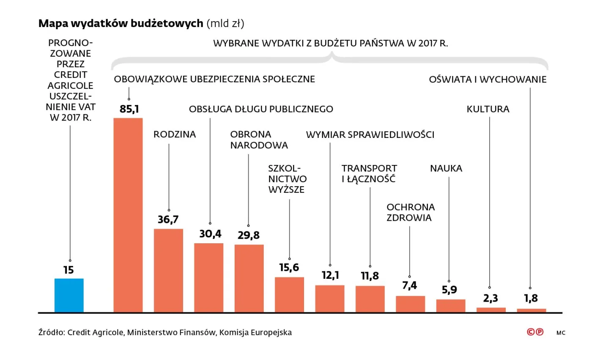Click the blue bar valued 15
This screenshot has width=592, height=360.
point(69,295)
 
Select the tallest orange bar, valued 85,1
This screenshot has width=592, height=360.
point(128,215)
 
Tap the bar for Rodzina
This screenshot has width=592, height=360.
point(168,270)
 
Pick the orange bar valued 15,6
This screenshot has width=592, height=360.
point(289,294)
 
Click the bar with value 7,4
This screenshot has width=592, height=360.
point(410,304)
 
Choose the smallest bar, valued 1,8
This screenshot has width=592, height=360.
point(531,310)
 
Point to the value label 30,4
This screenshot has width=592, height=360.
point(210,234)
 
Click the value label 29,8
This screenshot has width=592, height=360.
point(249,236)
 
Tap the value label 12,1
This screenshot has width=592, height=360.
point(330,275)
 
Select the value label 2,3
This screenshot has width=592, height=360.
point(491,298)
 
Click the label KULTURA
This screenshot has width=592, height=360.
point(488,109)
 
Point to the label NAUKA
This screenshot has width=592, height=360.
point(446,168)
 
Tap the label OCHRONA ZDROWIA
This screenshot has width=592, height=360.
point(410,212)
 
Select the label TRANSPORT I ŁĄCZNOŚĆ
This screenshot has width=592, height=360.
point(369,173)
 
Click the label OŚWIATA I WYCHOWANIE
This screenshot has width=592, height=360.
point(488,80)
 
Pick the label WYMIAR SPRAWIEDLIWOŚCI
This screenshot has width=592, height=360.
point(370,135)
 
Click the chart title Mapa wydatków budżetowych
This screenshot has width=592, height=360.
point(121,23)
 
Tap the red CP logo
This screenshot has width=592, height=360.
point(535,332)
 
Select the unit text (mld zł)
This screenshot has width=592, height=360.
point(225,24)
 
